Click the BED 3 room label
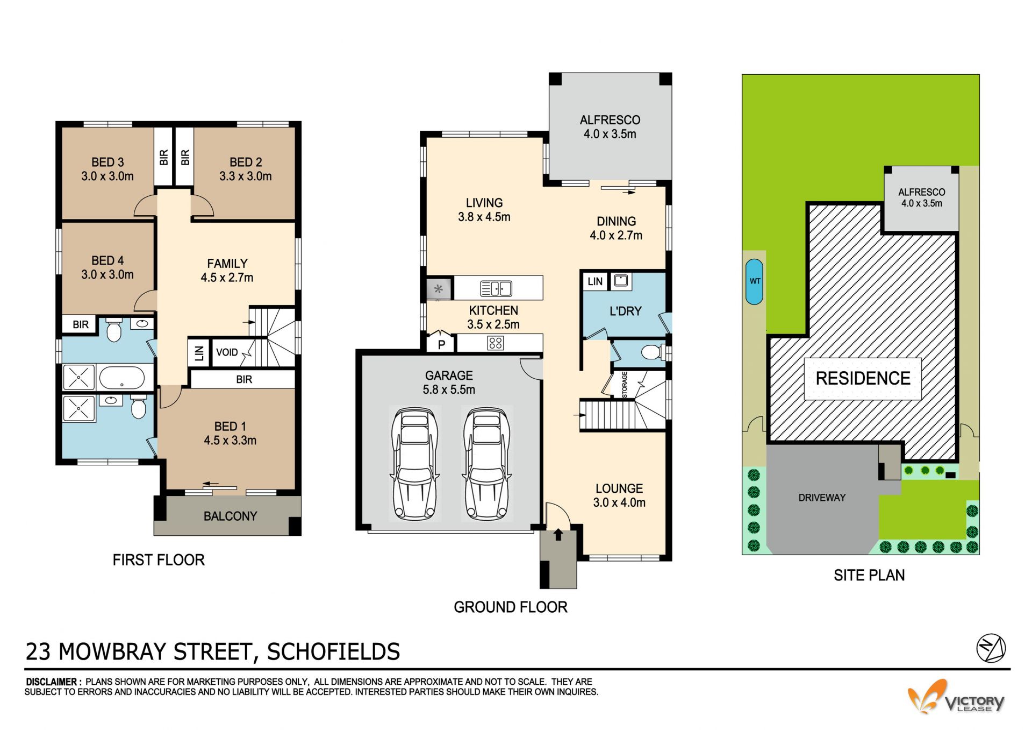tap(107, 162)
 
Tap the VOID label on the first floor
tap(227, 352)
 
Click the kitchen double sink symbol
tap(496, 288)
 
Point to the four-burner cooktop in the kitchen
tap(496, 343)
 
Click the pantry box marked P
tap(441, 343)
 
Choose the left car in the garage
tap(415, 464)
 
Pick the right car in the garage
tap(487, 464)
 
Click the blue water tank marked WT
tap(755, 282)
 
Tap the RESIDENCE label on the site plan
tap(863, 378)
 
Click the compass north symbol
tap(991, 648)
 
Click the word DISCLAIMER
tap(54, 682)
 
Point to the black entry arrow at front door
tap(558, 534)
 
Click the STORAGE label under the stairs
tap(625, 385)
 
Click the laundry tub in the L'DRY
tap(621, 280)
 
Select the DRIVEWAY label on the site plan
tap(822, 498)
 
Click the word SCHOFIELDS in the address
tap(333, 651)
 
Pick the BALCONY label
tap(230, 516)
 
